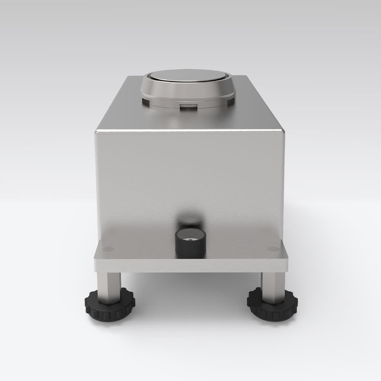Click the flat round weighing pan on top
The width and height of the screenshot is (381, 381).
coord(187,76)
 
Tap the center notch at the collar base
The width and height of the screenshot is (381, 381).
coord(188,106)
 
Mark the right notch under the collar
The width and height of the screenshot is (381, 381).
coord(231,101)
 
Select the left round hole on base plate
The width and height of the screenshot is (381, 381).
coord(108,249)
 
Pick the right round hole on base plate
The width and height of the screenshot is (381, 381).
coord(273,249)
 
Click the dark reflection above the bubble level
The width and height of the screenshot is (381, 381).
coord(190,217)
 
